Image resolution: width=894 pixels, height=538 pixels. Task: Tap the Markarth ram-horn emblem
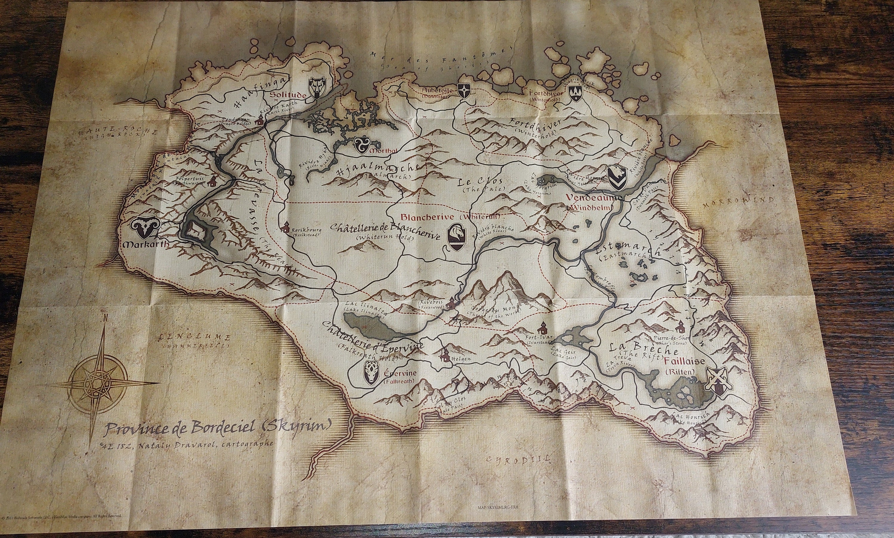(x=144, y=227)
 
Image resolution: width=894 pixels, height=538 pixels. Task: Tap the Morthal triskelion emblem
(x=362, y=145)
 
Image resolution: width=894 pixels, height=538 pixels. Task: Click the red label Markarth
(x=146, y=244)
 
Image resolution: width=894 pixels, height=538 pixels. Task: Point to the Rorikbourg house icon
(x=286, y=227)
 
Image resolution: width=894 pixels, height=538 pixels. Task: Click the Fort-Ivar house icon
(x=542, y=329)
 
